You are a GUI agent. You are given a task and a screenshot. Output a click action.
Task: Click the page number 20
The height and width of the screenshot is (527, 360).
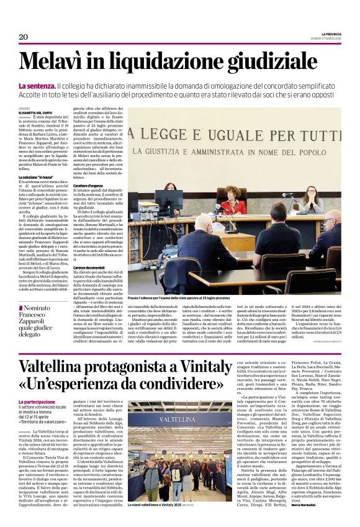coord(24,37)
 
